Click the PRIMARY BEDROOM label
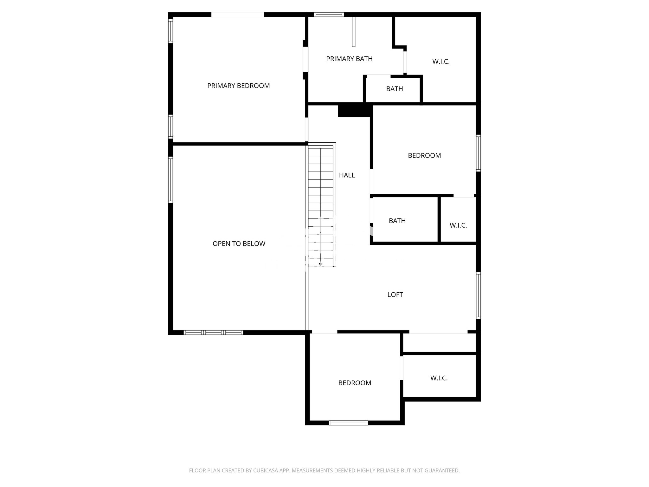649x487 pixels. (x=238, y=86)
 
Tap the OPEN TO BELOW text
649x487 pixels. (x=239, y=243)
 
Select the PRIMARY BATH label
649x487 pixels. (x=349, y=59)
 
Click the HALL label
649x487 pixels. (x=347, y=175)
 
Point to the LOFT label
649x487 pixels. (x=395, y=295)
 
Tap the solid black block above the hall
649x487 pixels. (x=354, y=110)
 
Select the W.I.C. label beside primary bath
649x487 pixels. (x=441, y=62)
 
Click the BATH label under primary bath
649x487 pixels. (x=394, y=89)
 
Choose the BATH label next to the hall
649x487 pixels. (x=397, y=221)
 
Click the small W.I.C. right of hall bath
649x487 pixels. (x=458, y=225)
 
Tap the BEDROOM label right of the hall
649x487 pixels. (x=424, y=155)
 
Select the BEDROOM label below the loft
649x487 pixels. (x=355, y=383)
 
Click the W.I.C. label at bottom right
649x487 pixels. (x=439, y=378)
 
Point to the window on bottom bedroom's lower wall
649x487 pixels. (x=348, y=422)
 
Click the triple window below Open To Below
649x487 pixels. (x=213, y=332)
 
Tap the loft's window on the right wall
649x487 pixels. (x=478, y=295)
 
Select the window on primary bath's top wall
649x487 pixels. (x=329, y=14)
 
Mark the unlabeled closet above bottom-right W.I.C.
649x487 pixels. (x=439, y=342)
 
